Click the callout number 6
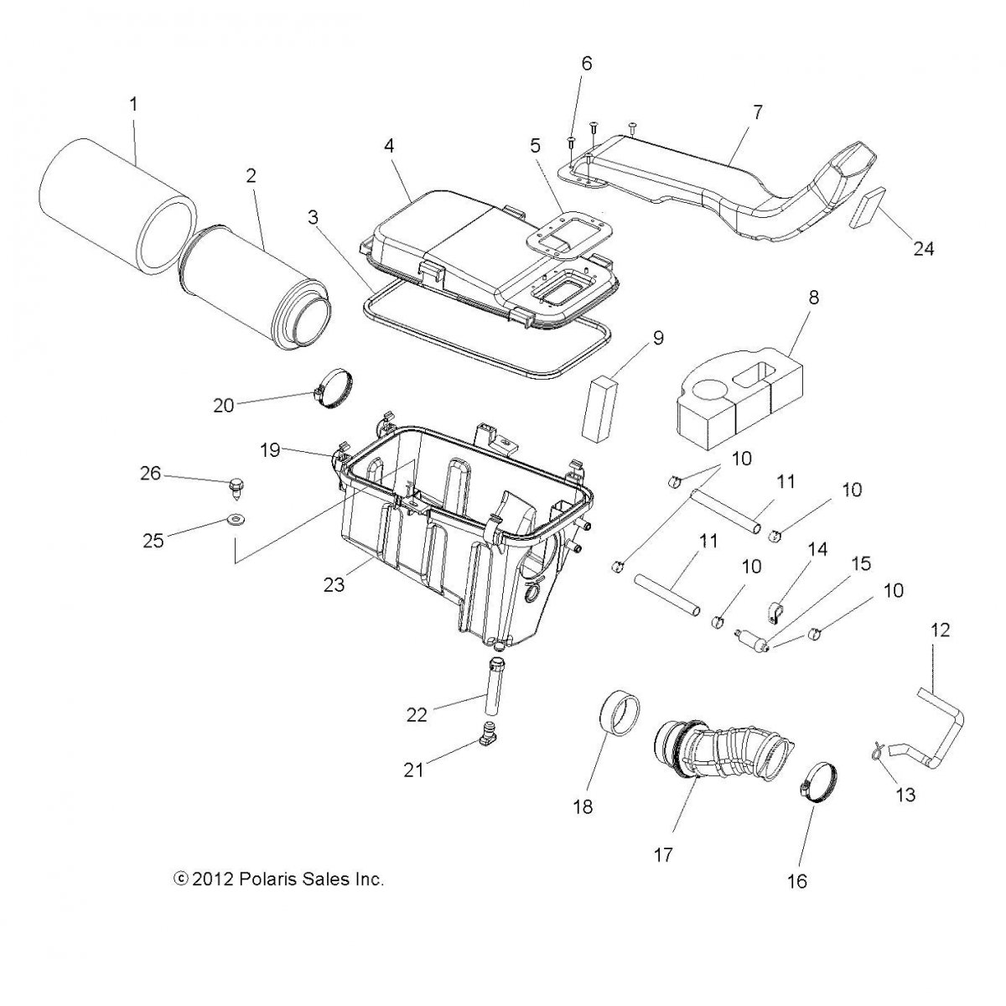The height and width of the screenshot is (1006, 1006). click(586, 64)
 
